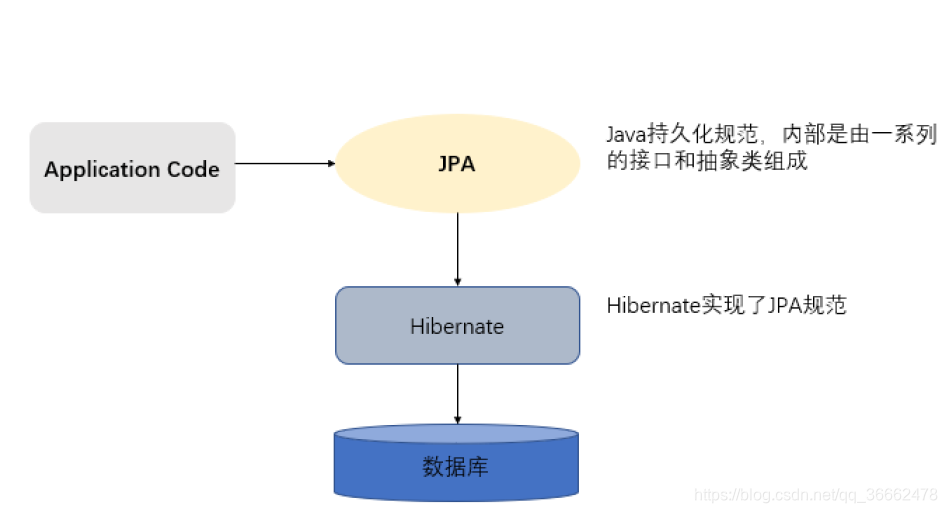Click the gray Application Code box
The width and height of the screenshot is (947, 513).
pos(132,167)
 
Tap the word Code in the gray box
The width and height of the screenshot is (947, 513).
pos(193,169)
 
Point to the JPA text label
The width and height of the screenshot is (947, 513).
pos(457,164)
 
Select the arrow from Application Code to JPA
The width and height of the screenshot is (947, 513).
pos(284,163)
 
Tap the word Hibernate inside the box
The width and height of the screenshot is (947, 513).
pos(457,326)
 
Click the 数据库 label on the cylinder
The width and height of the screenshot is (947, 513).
pos(456,466)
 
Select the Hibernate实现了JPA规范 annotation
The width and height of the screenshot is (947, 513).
pos(726,306)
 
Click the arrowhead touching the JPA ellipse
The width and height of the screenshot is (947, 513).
pos(331,163)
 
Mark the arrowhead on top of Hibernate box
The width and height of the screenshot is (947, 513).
pos(457,282)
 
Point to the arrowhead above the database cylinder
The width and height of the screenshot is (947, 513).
pos(457,419)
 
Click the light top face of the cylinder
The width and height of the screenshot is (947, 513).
pos(457,434)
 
